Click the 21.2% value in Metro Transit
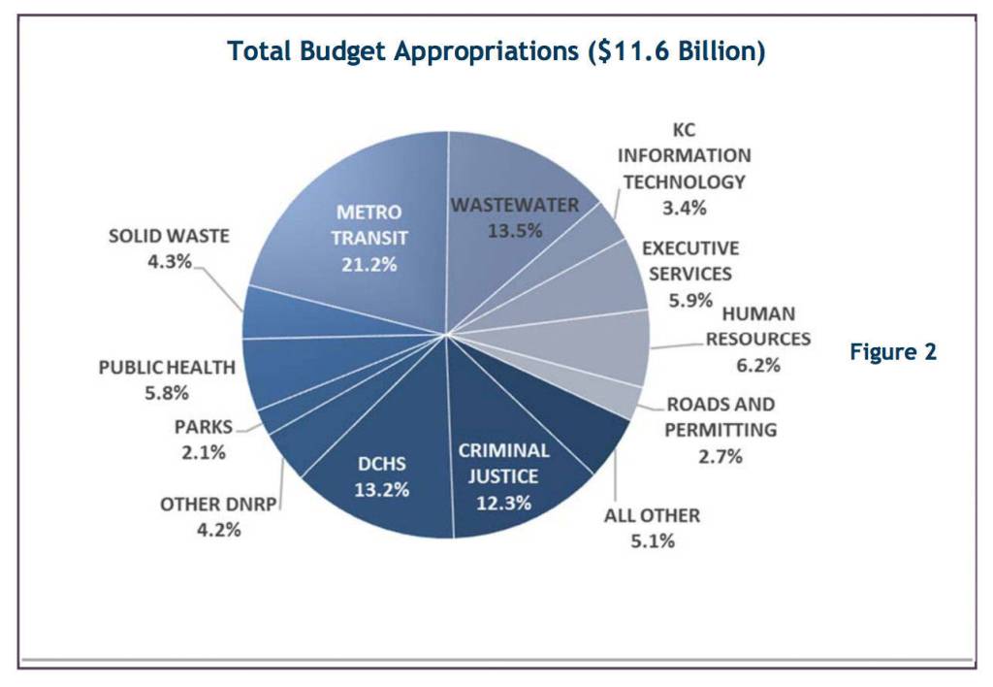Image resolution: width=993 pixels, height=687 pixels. (x=368, y=263)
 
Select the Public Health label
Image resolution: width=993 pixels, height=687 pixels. (x=167, y=368)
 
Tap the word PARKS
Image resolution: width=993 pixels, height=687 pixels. (x=204, y=427)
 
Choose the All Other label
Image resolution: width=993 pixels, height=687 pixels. (x=652, y=515)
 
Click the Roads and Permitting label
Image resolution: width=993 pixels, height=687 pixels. (x=721, y=416)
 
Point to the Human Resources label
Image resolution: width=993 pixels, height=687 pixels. (x=757, y=326)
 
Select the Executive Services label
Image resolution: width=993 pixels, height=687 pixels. (x=689, y=261)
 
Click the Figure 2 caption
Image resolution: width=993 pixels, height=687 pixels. (x=893, y=352)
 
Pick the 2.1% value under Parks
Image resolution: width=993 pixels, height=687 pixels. (x=204, y=452)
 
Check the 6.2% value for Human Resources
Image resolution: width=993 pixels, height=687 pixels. (x=757, y=365)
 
